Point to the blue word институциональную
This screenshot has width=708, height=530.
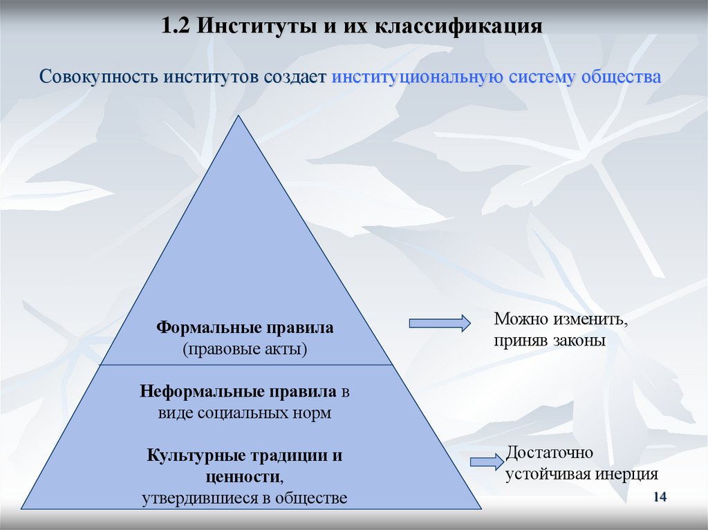click(x=416, y=75)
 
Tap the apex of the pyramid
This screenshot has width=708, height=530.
click(x=240, y=117)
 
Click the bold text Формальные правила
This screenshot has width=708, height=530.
click(x=245, y=327)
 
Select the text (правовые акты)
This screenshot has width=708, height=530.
click(x=245, y=349)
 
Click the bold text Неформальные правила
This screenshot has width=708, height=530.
click(x=239, y=392)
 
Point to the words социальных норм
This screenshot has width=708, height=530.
click(x=274, y=414)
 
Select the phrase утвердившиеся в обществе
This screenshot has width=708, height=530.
click(x=244, y=498)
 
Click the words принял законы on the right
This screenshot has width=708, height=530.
click(x=550, y=341)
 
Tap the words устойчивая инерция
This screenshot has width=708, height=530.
click(x=581, y=475)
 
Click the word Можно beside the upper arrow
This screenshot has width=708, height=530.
click(x=521, y=321)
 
